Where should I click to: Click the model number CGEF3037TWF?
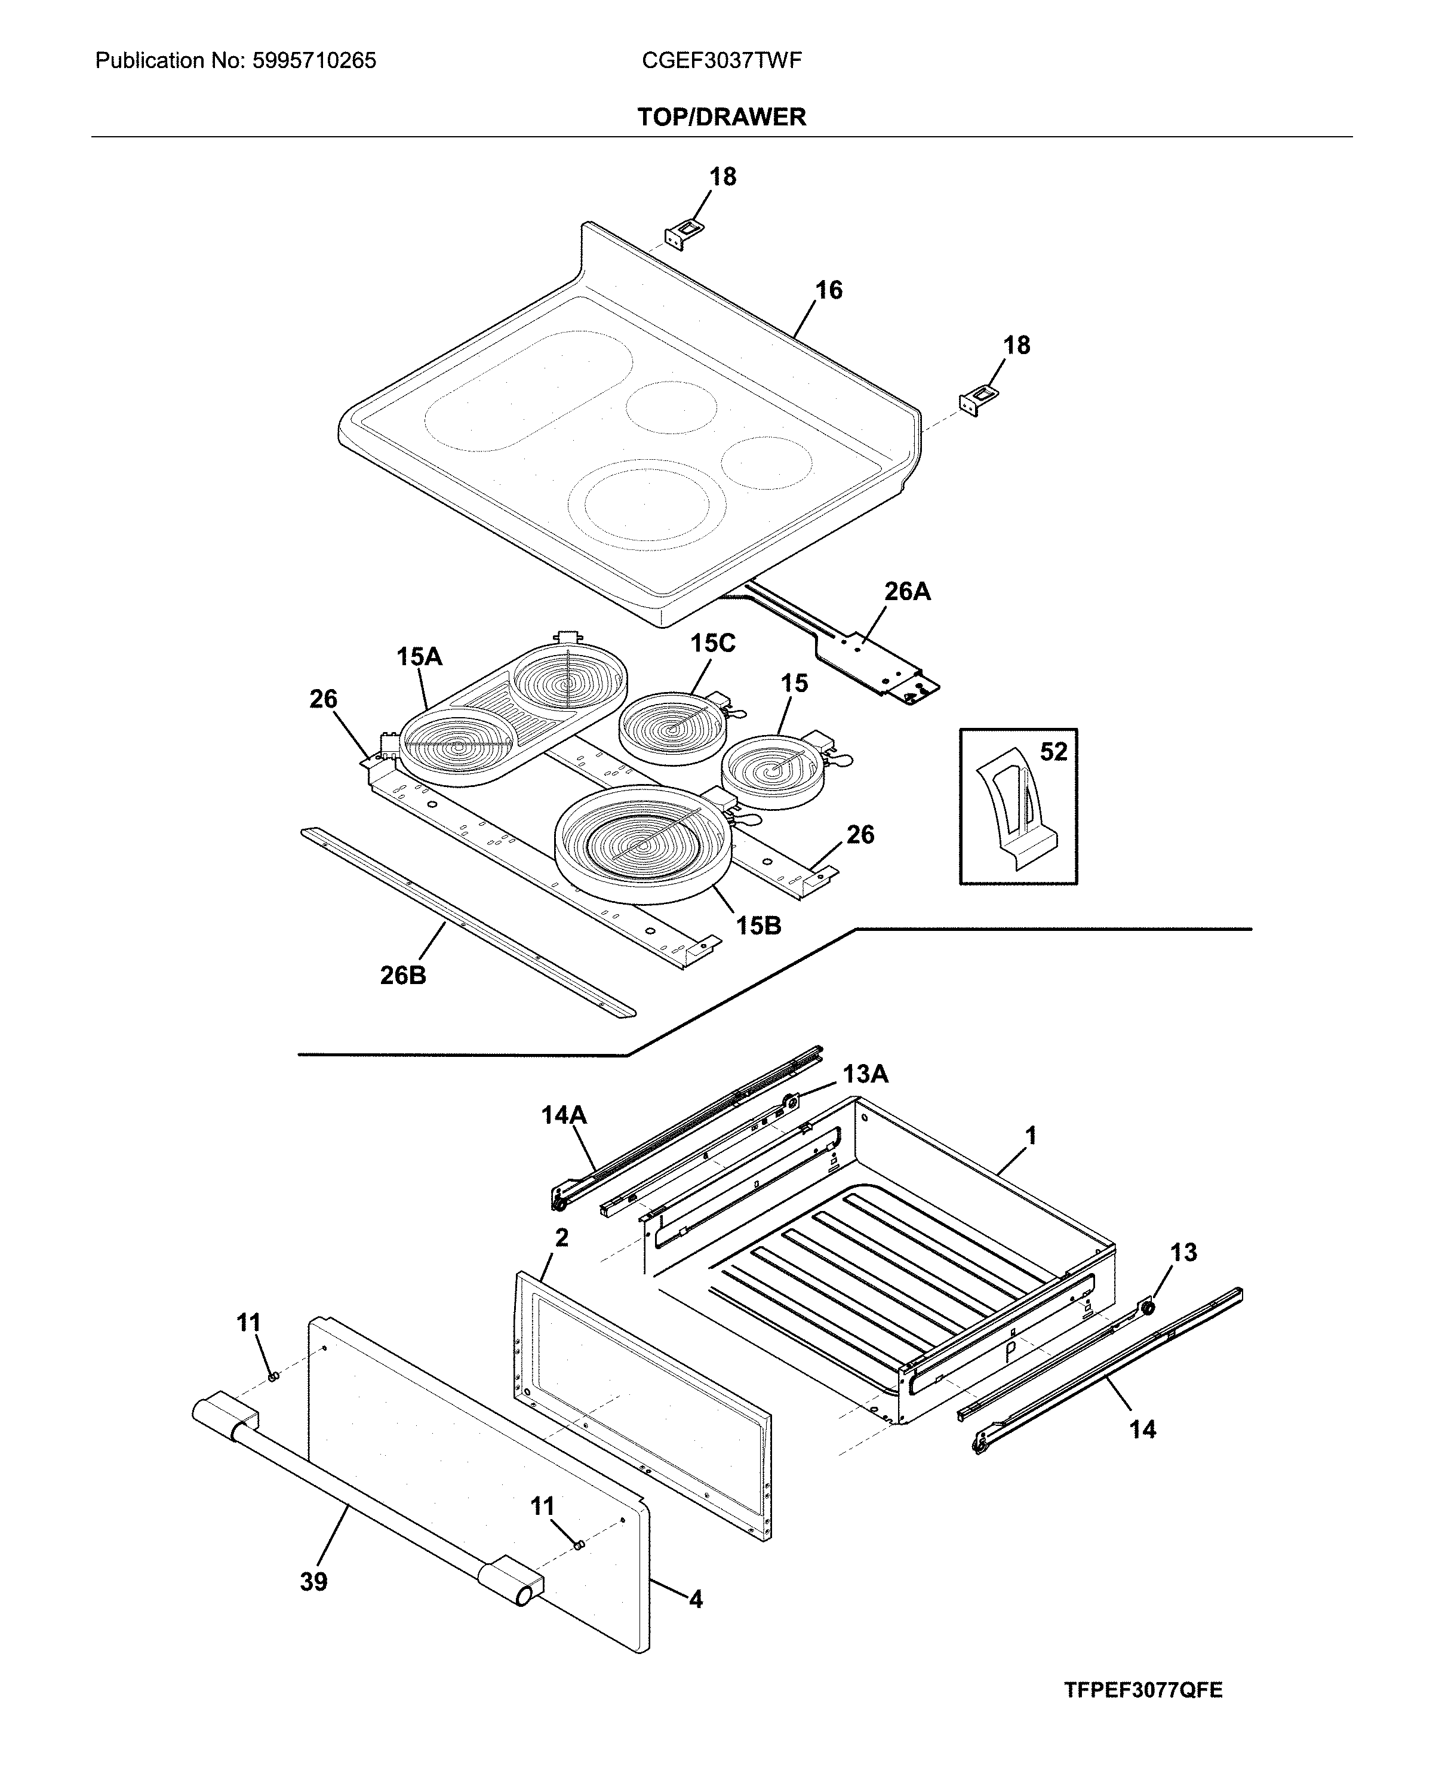[721, 61]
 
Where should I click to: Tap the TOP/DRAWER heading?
[721, 117]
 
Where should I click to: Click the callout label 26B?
[403, 975]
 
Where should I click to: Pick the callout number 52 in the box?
[1053, 752]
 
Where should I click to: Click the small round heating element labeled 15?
[773, 772]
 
